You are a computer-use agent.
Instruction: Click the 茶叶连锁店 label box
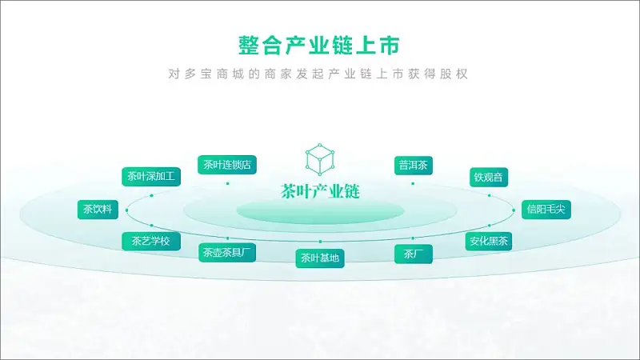[227, 165]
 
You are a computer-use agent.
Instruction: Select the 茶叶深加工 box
[151, 177]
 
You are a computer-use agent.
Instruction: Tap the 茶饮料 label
[98, 210]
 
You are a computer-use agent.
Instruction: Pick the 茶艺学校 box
[151, 242]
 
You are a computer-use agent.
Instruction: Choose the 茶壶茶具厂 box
[227, 253]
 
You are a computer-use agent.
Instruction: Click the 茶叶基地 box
[320, 258]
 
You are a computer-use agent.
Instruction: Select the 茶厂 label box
[414, 254]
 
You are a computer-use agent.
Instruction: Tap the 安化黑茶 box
[489, 242]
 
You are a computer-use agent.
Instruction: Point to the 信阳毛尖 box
[546, 210]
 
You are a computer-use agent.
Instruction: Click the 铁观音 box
[489, 178]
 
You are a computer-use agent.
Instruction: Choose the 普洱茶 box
[414, 166]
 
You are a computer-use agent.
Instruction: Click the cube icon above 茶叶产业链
[320, 159]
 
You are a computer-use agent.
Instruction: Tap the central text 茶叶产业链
[320, 191]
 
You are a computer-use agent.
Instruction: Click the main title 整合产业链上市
[318, 45]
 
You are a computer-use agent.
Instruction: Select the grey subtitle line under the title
[318, 74]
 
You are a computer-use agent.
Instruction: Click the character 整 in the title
[249, 45]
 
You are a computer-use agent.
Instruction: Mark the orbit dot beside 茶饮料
[127, 210]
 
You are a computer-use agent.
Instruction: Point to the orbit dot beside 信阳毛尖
[514, 210]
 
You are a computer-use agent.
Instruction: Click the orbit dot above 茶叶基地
[320, 242]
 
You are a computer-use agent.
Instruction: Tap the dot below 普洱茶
[413, 184]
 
